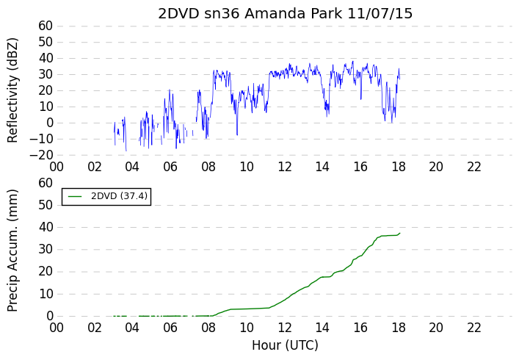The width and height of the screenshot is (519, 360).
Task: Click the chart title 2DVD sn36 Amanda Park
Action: click(250, 14)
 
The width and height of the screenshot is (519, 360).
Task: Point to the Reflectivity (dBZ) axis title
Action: click(12, 90)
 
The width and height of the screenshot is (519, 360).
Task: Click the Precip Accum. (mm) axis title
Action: click(12, 251)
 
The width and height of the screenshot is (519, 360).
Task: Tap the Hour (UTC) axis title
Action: click(285, 345)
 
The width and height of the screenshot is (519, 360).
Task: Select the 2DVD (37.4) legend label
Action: click(119, 196)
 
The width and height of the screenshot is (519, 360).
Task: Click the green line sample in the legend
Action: click(75, 196)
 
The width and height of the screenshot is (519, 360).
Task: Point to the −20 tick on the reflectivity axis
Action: click(41, 155)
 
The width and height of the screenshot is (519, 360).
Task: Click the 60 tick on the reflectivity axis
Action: click(46, 26)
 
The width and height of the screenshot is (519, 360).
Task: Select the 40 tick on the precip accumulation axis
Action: click(46, 227)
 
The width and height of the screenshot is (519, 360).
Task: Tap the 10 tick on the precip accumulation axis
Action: click(46, 294)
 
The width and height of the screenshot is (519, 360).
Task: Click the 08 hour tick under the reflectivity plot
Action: click(208, 167)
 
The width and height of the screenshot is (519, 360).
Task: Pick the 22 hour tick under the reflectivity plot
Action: click(474, 167)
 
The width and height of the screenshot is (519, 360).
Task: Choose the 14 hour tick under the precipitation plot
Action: click(322, 328)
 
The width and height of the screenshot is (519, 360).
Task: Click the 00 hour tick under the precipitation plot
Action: click(57, 328)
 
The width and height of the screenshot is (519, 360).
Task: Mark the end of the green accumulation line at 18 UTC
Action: click(400, 233)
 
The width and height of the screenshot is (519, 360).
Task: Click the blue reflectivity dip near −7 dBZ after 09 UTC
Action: click(237, 134)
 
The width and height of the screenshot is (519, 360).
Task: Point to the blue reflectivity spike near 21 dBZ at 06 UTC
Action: click(170, 90)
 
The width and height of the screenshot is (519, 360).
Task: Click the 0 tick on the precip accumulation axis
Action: click(50, 316)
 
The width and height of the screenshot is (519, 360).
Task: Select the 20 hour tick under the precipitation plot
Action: click(436, 328)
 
